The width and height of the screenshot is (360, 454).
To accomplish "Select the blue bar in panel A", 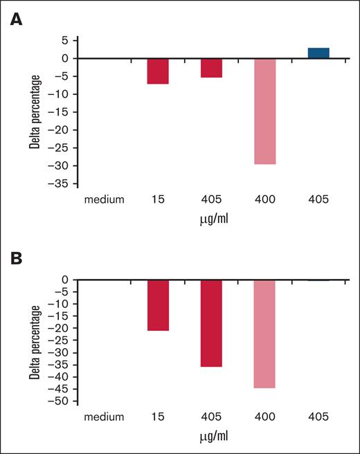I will click(x=318, y=53).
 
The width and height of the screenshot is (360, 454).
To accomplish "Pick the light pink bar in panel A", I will click(x=265, y=111).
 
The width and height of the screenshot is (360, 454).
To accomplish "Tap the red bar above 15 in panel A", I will click(x=158, y=71).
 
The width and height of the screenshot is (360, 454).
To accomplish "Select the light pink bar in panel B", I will click(x=265, y=334).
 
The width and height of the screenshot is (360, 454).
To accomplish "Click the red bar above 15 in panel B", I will click(x=158, y=305).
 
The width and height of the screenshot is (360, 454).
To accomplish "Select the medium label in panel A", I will click(x=104, y=201).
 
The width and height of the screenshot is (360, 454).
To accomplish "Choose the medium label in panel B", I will click(x=104, y=417).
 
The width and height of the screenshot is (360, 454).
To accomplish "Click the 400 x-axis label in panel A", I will click(x=265, y=201).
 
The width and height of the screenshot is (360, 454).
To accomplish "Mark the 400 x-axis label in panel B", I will click(x=265, y=417).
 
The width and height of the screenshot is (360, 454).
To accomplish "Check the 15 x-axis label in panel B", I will click(x=158, y=417).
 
